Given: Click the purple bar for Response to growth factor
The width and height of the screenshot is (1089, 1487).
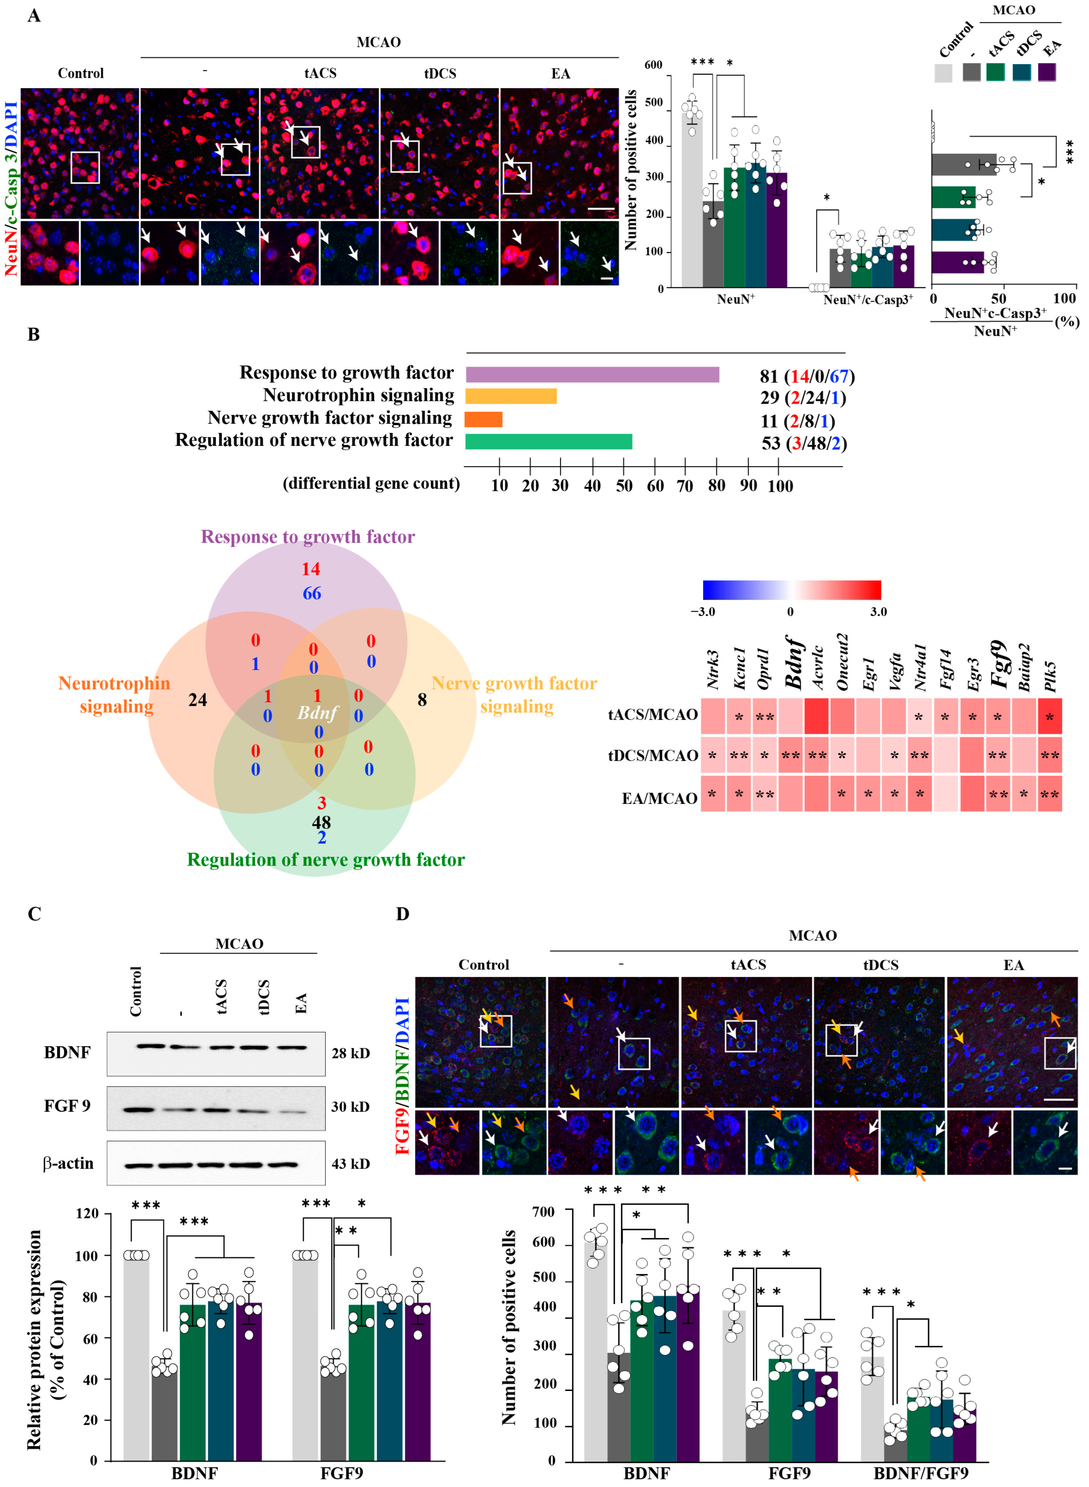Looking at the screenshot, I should click(592, 374).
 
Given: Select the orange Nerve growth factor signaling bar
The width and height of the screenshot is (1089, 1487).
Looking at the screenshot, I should click(483, 419).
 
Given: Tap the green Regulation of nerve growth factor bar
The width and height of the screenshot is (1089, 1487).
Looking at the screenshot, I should click(548, 442).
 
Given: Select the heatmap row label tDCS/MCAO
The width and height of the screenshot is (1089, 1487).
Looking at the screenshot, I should click(653, 755).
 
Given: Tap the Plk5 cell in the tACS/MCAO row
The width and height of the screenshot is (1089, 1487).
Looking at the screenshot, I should click(1049, 716).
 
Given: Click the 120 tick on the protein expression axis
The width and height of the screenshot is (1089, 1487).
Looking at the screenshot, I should click(86, 1213).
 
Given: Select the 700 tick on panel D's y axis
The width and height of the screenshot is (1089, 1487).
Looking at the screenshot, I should click(543, 1212).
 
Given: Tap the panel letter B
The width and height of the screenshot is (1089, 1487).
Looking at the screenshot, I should click(33, 335).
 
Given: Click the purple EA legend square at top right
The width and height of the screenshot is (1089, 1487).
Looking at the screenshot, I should click(1047, 72).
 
